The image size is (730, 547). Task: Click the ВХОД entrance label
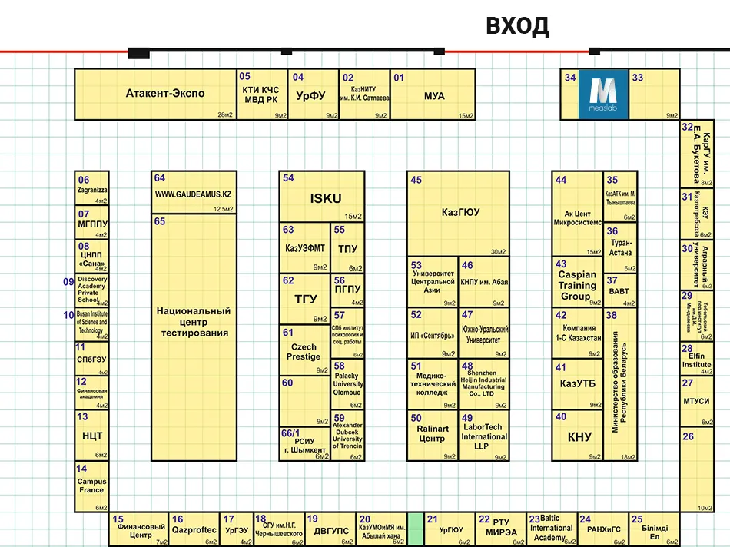coord(517,26)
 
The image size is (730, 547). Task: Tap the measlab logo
coord(603,94)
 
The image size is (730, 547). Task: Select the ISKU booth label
coord(325,198)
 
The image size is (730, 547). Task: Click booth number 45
coord(416,181)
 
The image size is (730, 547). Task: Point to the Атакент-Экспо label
coord(165,94)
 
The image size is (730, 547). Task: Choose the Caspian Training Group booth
coord(576,285)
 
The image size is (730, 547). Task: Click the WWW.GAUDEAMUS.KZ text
coord(193,194)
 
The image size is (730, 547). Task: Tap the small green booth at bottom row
coord(416,529)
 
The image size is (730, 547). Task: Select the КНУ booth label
coord(579,437)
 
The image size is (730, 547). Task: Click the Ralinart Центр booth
coord(432,433)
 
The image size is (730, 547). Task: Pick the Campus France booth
coord(91,486)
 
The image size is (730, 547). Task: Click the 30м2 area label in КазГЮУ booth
coord(498,251)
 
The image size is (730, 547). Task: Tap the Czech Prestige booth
coord(304,352)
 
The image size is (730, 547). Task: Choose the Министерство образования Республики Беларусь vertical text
coord(618,384)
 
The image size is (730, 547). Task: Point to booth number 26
coord(688,436)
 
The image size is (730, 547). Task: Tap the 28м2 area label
coord(225,114)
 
